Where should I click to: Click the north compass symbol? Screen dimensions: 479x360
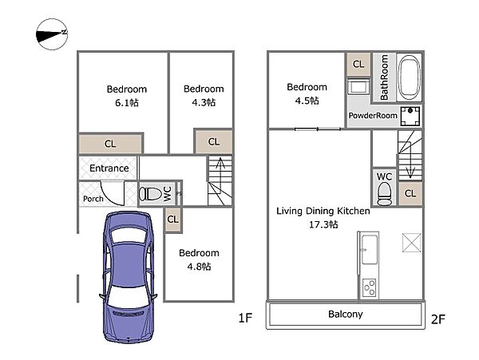tap(52, 34)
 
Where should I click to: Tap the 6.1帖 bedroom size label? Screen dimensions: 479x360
tap(127, 103)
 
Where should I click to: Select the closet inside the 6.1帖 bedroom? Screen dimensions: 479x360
tap(111, 144)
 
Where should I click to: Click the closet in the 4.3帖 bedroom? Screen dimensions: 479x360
tap(214, 141)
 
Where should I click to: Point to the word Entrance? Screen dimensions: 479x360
tap(109, 168)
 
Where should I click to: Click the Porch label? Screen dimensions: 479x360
tap(93, 199)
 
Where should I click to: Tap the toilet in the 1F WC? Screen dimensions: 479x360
tap(150, 194)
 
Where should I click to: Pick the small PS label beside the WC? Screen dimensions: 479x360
tap(180, 194)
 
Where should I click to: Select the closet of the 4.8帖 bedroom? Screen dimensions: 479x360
tap(173, 220)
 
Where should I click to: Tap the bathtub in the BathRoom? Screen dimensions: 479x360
tap(410, 77)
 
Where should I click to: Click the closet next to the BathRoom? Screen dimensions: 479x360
tap(358, 64)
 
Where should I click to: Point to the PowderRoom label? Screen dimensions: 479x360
tap(373, 116)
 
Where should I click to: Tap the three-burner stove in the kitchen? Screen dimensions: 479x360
tap(370, 288)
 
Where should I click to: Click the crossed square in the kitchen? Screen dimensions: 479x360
tap(411, 243)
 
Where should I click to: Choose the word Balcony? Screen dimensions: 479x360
tap(346, 315)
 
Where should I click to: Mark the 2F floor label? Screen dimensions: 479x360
tap(438, 319)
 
